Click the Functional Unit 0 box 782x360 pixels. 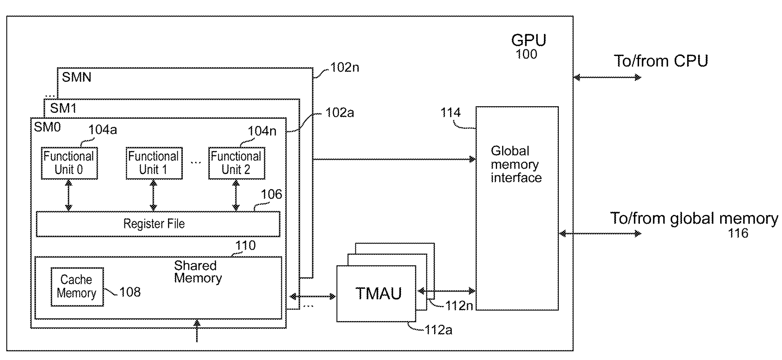coord(69,163)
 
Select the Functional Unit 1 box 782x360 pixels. coord(154,163)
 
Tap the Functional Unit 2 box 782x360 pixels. coord(236,163)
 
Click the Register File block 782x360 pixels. coord(158,224)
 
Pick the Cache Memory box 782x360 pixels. coord(77,287)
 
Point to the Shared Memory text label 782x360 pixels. coord(198,272)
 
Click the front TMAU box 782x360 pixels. coord(376,293)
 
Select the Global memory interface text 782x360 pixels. coord(516,164)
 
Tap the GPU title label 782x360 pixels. coord(528,40)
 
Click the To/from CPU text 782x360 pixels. coord(661,61)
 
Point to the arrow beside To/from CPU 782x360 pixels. coord(607,77)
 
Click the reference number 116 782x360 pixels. coord(738,233)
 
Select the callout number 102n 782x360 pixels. coord(344,68)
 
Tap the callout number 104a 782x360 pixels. coord(103,130)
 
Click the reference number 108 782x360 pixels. coord(130,292)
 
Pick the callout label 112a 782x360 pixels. coord(438,330)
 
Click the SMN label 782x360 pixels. coord(77,77)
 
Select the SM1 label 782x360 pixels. coord(63,108)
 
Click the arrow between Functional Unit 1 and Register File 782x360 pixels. coord(154,195)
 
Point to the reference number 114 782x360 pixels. coord(450,112)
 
